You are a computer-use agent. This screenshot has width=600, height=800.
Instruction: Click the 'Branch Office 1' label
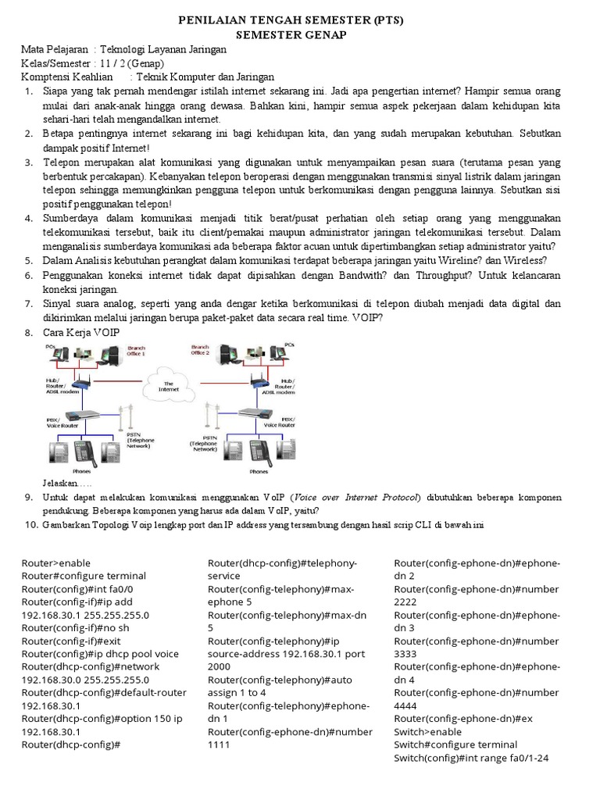coord(130,351)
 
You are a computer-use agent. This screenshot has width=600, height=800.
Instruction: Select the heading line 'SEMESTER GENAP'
coord(301,35)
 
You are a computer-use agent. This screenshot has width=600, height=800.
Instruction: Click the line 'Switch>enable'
coord(427,732)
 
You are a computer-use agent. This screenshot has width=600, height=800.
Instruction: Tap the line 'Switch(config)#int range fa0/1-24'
coord(472,758)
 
